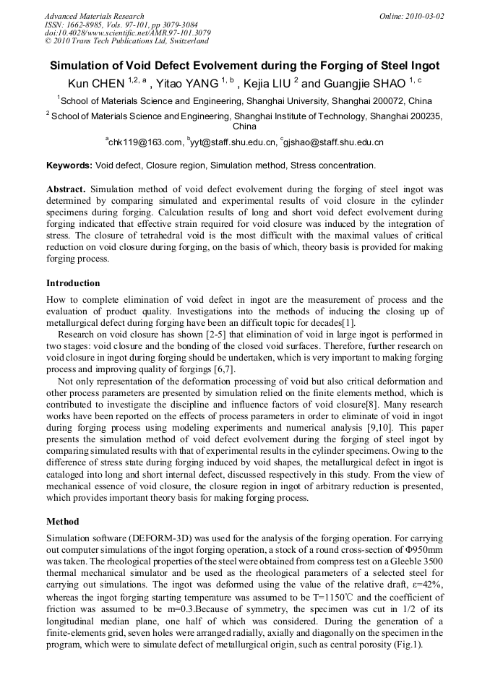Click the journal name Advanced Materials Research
[94, 15]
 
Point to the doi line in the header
[127, 33]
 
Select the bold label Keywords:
[69, 165]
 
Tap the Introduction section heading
[73, 283]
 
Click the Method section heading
[63, 521]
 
